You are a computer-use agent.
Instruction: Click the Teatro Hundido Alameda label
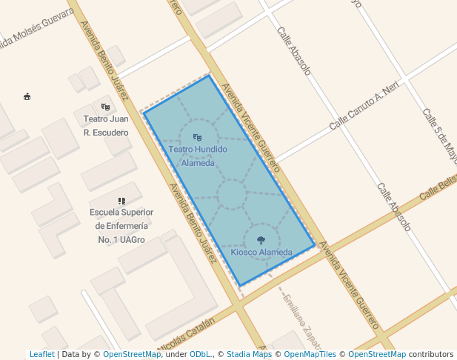coord(197,156)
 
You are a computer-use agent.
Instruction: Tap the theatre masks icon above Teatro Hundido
coord(197,137)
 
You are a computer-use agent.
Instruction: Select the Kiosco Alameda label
coord(261,253)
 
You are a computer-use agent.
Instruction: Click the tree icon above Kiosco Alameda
coord(261,240)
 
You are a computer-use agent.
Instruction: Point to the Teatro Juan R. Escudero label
coord(106,125)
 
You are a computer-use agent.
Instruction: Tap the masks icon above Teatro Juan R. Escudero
coord(106,107)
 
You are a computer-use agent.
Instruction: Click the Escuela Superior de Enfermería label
coord(121,226)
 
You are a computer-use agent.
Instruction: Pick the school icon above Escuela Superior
coord(121,201)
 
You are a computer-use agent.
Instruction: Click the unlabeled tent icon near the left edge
coord(27,96)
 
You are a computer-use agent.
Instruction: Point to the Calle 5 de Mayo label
coord(440,136)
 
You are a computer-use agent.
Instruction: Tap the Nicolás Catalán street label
coord(183,330)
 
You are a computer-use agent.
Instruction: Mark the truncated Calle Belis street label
coord(438,186)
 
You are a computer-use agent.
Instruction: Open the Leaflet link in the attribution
coord(41,354)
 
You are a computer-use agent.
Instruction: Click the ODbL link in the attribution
coord(200,354)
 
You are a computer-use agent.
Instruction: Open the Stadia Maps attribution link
coord(249,354)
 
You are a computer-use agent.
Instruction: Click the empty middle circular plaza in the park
coord(231,195)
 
